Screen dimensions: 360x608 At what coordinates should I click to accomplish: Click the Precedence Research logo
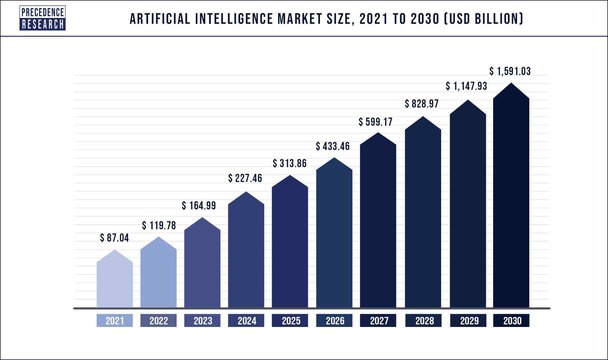(x=43, y=18)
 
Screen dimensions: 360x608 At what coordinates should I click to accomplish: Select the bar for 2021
(x=115, y=283)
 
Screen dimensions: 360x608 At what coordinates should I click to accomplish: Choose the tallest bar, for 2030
(x=511, y=202)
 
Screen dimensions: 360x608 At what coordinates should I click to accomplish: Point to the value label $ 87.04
(x=114, y=238)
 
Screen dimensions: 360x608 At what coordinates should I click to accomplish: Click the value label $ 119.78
(x=159, y=225)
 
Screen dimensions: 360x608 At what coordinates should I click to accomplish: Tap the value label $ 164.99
(x=199, y=206)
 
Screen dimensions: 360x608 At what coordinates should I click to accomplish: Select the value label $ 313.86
(x=290, y=163)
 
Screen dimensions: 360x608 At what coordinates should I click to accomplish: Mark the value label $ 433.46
(x=333, y=146)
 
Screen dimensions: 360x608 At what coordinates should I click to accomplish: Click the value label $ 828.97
(x=422, y=104)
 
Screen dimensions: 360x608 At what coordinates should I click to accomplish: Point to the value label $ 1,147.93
(x=466, y=86)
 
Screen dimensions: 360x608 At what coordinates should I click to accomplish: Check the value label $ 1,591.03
(x=510, y=71)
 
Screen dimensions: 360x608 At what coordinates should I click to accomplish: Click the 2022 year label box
(x=158, y=321)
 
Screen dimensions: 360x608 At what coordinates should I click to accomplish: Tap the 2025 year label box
(x=290, y=321)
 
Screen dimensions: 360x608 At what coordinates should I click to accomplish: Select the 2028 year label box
(x=423, y=321)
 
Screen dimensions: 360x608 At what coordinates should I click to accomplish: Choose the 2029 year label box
(x=468, y=321)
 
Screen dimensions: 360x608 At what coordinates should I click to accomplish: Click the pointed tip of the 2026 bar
(x=334, y=158)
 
